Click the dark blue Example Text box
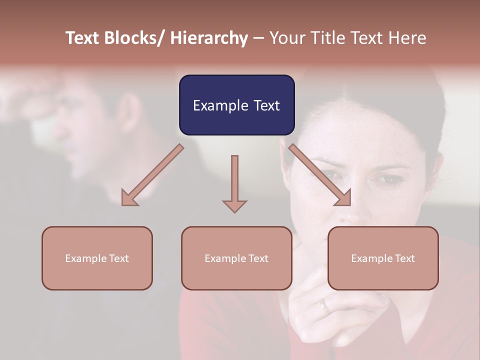pos(236,105)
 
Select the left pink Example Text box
pos(97,258)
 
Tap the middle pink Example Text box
pos(236,258)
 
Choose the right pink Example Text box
pos(383,258)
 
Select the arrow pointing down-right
pos(320,175)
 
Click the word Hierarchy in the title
pos(208,38)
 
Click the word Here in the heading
pos(407,38)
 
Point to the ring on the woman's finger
pos(325,304)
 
